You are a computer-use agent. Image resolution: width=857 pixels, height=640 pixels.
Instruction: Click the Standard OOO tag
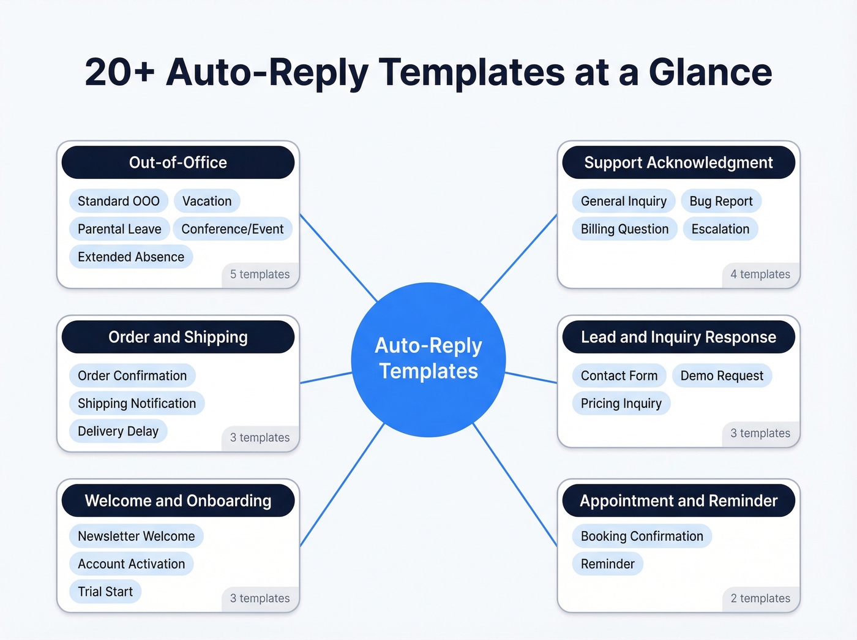click(x=118, y=201)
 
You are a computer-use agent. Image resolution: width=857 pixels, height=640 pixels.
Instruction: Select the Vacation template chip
click(x=207, y=201)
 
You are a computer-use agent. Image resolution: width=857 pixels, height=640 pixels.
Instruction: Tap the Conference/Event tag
click(x=232, y=229)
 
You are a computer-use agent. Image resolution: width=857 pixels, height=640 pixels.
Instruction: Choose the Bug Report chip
click(x=720, y=201)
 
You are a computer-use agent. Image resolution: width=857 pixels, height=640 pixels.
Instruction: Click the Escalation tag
click(x=720, y=229)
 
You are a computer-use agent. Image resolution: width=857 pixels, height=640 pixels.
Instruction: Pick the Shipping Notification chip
click(x=137, y=404)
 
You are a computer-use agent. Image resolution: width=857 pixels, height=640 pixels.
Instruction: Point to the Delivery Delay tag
click(x=118, y=431)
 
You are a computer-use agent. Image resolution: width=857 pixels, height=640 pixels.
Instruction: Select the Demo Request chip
click(x=722, y=376)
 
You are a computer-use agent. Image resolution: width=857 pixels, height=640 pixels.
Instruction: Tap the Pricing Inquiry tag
click(x=621, y=404)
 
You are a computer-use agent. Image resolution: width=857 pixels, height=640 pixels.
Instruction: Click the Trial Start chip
click(x=105, y=592)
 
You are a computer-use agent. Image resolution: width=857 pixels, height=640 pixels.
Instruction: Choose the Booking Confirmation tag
click(x=642, y=536)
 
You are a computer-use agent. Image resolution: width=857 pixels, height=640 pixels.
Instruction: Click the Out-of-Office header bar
click(x=178, y=162)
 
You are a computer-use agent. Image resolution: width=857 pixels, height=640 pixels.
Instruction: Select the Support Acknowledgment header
click(x=678, y=162)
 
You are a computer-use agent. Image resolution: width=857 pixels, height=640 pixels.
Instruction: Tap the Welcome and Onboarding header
click(x=178, y=501)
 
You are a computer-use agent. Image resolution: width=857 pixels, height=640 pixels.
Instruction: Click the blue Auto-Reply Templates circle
click(x=428, y=360)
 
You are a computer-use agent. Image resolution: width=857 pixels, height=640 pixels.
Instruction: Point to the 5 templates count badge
click(x=260, y=275)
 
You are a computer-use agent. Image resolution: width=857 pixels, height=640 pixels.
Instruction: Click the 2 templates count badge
click(x=760, y=598)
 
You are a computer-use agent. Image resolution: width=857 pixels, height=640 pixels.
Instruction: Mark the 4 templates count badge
click(x=760, y=275)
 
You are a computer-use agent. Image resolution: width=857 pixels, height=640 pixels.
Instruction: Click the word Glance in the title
click(x=710, y=72)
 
